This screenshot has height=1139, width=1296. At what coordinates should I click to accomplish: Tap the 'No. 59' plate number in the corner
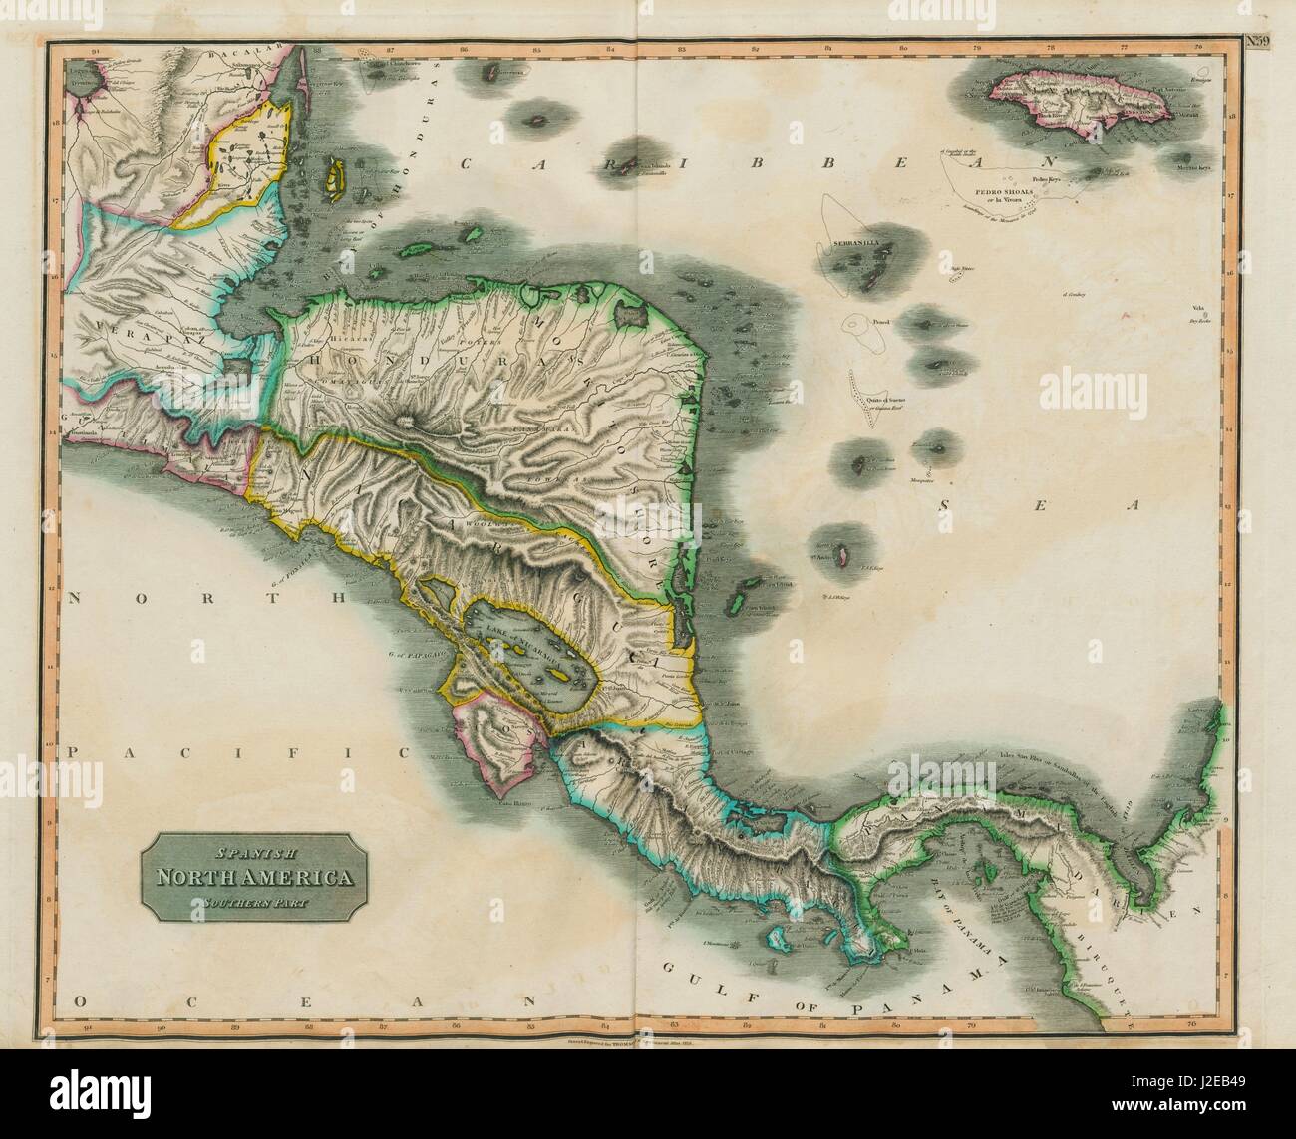click(x=1257, y=41)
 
